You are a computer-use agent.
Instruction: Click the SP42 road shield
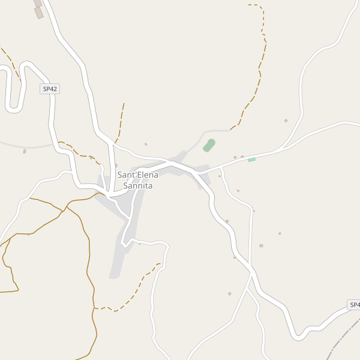(50, 89)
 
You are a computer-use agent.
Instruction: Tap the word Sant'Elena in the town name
(138, 175)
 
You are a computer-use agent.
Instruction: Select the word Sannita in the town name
(138, 186)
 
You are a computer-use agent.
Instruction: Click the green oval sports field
(209, 145)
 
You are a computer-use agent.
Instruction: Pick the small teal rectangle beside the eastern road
(252, 159)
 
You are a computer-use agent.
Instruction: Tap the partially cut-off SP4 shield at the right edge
(354, 305)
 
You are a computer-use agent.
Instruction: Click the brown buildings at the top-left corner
(38, 9)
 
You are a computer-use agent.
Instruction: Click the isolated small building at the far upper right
(286, 121)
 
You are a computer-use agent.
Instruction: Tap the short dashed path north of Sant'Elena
(121, 123)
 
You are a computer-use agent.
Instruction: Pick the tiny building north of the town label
(146, 144)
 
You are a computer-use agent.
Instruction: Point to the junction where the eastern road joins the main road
(199, 173)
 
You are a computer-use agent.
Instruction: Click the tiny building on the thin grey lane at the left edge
(25, 151)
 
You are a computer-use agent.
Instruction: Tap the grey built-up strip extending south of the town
(120, 258)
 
